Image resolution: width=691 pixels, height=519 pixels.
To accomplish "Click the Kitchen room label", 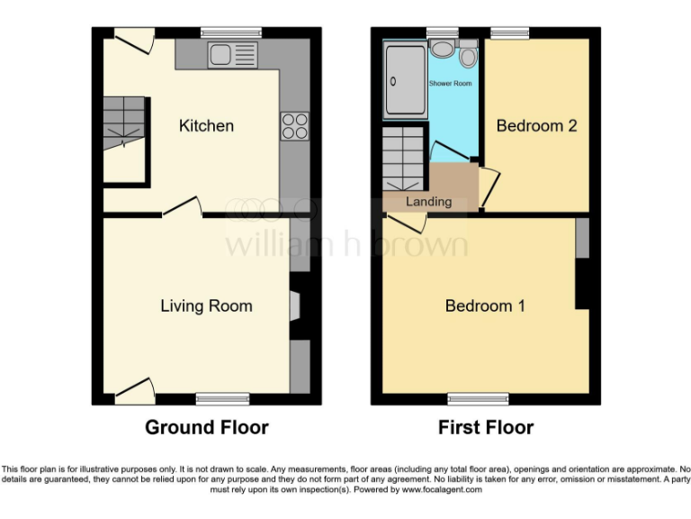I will (x=206, y=126).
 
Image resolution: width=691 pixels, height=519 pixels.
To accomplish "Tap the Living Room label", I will (x=206, y=305).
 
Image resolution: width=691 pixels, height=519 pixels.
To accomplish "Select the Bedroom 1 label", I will (x=485, y=306).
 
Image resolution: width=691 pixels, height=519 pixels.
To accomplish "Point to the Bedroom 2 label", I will (x=536, y=126).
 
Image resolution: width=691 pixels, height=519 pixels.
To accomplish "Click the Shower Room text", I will (x=450, y=84).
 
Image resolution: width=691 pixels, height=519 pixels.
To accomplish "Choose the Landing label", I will (x=428, y=201).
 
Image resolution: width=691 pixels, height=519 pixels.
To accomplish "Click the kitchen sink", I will (x=220, y=56).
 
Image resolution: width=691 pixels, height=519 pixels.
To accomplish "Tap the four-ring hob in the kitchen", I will (x=295, y=125).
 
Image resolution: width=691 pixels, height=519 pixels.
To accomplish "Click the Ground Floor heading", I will (x=206, y=427).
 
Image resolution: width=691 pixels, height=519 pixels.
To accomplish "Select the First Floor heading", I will (x=486, y=427).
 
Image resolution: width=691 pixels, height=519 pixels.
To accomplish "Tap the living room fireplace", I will (x=294, y=306).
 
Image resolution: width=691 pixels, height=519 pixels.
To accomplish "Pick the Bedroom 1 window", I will (x=477, y=397).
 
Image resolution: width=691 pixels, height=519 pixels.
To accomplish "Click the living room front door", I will (x=134, y=392).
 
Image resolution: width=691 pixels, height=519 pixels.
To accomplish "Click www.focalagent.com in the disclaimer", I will (x=441, y=490).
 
